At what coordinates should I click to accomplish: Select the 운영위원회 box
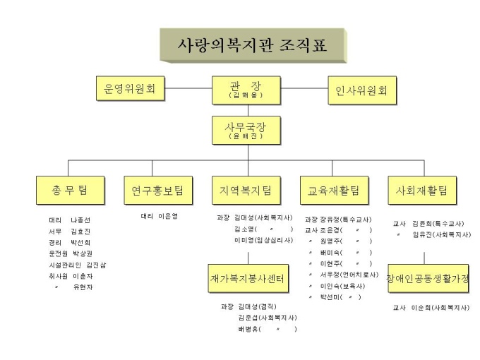coord(130,89)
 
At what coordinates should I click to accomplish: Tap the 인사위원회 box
coord(362,90)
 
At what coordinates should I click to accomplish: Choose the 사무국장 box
coord(246,130)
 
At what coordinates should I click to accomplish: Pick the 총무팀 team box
coord(69,190)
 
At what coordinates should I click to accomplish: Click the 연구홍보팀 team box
coord(157,190)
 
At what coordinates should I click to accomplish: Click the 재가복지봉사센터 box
coord(247,279)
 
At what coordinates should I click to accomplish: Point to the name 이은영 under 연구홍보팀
coord(168,216)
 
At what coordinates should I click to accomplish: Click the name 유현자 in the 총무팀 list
coord(83,287)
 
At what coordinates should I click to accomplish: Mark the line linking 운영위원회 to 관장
coord(188,89)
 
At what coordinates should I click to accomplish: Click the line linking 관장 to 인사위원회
coord(304,89)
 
